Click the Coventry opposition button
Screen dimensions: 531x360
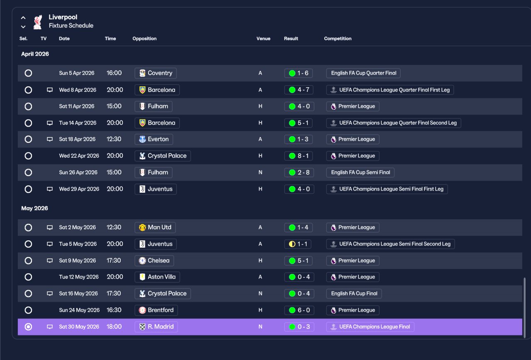(x=156, y=73)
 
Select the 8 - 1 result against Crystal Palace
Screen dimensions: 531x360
(x=299, y=156)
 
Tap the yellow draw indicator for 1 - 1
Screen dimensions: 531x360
(x=292, y=244)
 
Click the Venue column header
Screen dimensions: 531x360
(x=263, y=39)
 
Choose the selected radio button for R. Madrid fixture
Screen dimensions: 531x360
(x=28, y=327)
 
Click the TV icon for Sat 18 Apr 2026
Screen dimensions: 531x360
(x=49, y=139)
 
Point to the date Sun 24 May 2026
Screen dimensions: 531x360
(x=79, y=310)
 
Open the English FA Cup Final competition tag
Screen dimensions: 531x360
(x=354, y=294)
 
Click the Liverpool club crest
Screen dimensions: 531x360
(x=38, y=22)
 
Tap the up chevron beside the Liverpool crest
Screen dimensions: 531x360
(x=23, y=17)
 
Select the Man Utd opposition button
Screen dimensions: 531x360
(x=155, y=228)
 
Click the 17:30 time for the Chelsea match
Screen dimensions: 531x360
(x=114, y=261)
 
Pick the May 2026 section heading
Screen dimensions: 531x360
(x=34, y=208)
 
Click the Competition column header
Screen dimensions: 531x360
(x=338, y=39)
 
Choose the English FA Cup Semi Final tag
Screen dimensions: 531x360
(x=360, y=172)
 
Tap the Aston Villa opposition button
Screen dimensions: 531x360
(x=157, y=277)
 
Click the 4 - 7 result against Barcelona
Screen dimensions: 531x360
(x=299, y=90)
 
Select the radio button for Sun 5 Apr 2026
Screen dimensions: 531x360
(x=28, y=73)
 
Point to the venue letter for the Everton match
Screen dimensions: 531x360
(x=260, y=139)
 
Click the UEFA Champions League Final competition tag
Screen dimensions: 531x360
(x=370, y=327)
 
